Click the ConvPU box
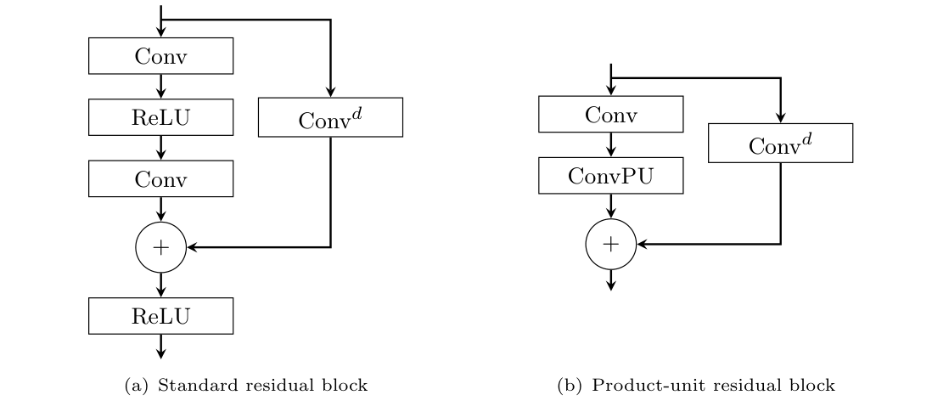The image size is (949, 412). click(x=610, y=178)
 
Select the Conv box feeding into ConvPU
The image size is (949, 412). click(x=610, y=114)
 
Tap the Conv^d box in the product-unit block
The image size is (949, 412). click(x=780, y=145)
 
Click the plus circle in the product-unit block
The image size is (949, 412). click(x=610, y=244)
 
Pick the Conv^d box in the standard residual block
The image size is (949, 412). click(x=330, y=120)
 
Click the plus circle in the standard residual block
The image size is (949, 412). click(x=160, y=247)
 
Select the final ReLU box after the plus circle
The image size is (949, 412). click(x=160, y=316)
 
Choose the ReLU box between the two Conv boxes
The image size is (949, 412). click(x=160, y=117)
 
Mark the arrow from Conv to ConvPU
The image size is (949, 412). click(x=610, y=145)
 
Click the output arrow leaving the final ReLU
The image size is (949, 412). click(x=160, y=345)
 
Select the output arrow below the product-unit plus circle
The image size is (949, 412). click(x=610, y=279)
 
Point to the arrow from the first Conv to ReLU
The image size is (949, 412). click(x=160, y=86)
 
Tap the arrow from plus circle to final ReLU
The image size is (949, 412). click(x=160, y=285)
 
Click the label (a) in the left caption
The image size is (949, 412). click(x=136, y=386)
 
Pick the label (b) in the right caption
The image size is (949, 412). click(x=569, y=386)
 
